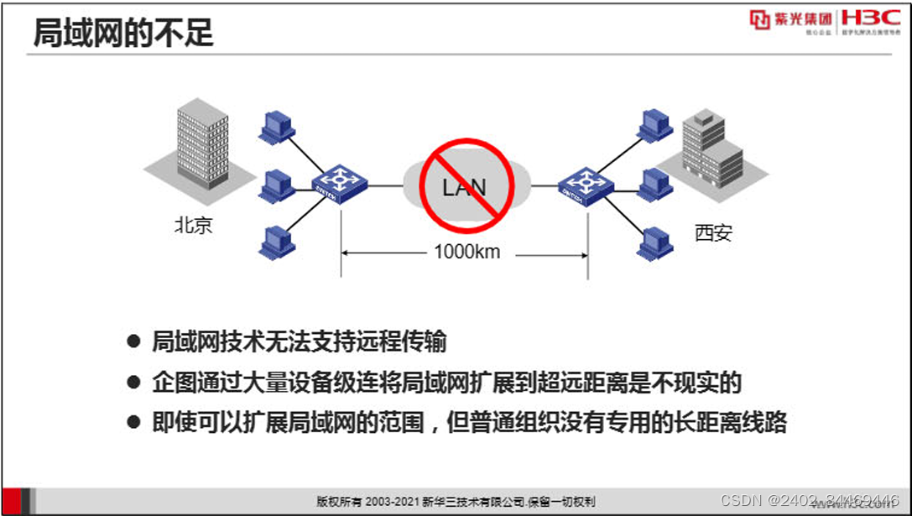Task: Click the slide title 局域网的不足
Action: click(x=123, y=34)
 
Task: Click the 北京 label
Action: click(x=193, y=225)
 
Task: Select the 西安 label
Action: click(x=713, y=232)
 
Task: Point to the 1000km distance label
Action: click(x=466, y=252)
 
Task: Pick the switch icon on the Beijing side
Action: click(x=340, y=182)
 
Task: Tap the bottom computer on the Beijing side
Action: click(x=276, y=241)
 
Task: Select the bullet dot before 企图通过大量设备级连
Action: click(x=133, y=383)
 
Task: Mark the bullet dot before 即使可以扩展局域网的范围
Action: click(x=133, y=422)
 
